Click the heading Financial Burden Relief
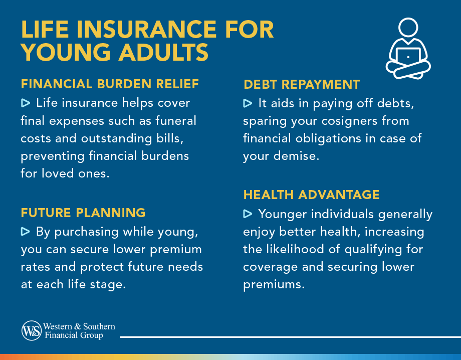[110, 84]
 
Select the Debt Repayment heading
[301, 85]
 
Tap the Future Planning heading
[83, 213]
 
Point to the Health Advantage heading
[311, 195]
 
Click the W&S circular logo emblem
[32, 330]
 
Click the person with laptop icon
[408, 49]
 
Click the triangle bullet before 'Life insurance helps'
[26, 103]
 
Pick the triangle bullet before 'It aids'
[248, 104]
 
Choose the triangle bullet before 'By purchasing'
[26, 232]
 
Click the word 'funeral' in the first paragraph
[176, 121]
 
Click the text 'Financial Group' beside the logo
[74, 335]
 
